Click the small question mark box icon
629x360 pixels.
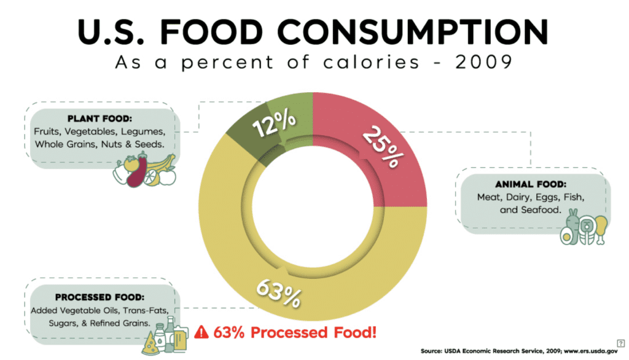(x=620, y=343)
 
